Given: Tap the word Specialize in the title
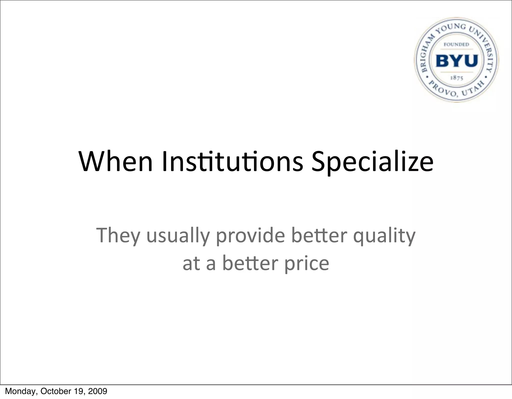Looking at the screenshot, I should pos(372,162).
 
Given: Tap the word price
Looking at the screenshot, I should pos(307,264).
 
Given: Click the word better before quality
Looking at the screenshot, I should pos(319,235).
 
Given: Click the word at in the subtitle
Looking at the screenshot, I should pos(191,264).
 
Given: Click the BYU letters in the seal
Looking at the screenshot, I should pos(457,61).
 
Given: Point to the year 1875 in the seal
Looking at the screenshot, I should pos(457,78).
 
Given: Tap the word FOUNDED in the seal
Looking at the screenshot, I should pos(456,45).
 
